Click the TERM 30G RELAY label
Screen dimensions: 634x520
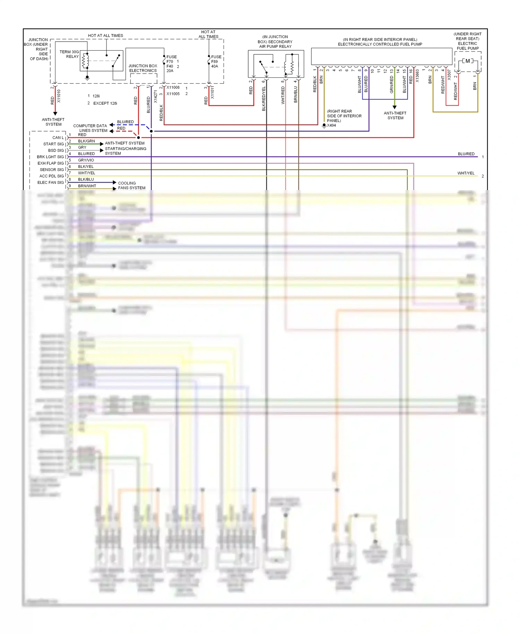click(69, 54)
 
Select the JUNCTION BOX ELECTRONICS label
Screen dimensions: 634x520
click(143, 68)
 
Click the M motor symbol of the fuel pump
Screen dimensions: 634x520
click(468, 61)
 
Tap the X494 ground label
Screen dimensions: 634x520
click(331, 125)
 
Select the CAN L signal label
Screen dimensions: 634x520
click(58, 138)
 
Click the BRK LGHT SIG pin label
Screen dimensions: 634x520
click(50, 157)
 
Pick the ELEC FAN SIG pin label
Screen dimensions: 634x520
click(51, 182)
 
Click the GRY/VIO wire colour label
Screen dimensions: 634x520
click(86, 160)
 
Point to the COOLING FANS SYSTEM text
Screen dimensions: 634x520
click(131, 186)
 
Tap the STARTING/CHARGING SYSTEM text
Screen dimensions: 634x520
click(125, 151)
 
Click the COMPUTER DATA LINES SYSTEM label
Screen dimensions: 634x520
click(90, 128)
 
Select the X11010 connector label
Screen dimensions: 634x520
click(59, 96)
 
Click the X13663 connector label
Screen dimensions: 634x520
click(417, 76)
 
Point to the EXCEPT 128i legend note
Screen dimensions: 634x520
click(105, 103)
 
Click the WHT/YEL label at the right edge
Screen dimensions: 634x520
click(466, 173)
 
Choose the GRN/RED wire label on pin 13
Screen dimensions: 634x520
click(392, 85)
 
